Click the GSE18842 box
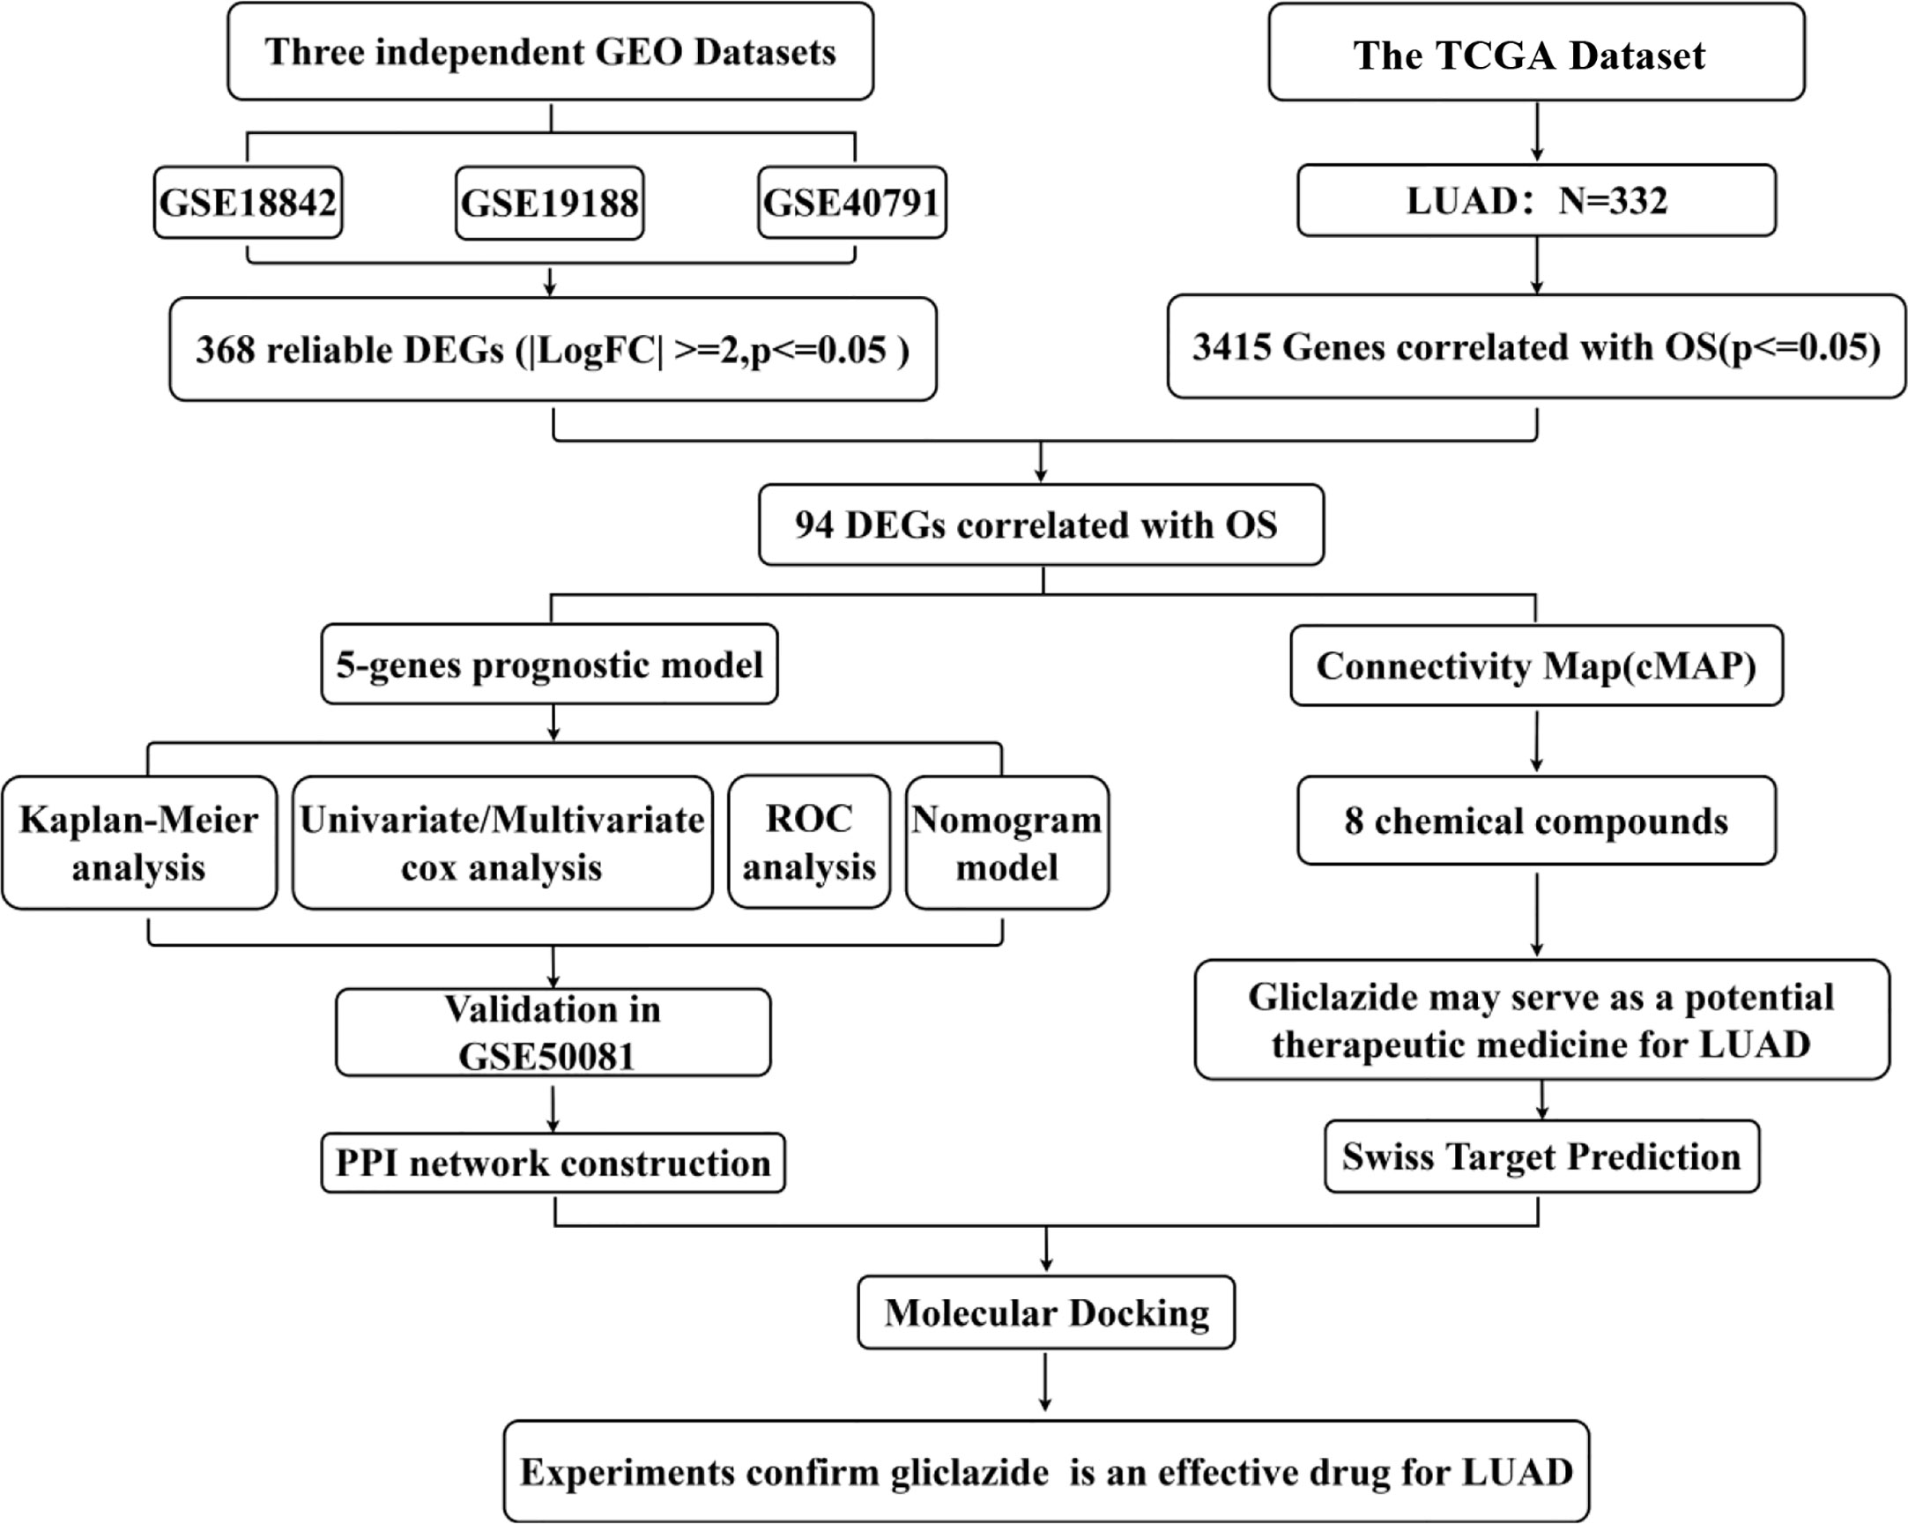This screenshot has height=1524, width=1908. (x=248, y=203)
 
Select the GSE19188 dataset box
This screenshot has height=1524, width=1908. (x=550, y=203)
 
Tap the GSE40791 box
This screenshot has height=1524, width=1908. (x=852, y=203)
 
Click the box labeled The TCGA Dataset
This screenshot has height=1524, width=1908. (x=1536, y=52)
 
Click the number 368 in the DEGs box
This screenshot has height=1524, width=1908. (x=225, y=350)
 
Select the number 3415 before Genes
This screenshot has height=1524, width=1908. (x=1231, y=347)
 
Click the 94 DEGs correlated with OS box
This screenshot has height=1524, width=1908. (x=1042, y=524)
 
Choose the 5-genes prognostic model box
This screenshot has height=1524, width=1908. (x=550, y=665)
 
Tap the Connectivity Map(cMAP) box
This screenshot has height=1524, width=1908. (x=1536, y=665)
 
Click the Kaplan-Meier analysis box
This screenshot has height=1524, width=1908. (x=139, y=843)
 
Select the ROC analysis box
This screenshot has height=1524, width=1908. (x=809, y=843)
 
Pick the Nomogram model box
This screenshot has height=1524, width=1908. (x=1007, y=843)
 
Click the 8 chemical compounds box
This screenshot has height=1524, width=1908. (x=1536, y=821)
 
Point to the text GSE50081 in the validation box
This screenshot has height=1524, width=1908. (x=547, y=1056)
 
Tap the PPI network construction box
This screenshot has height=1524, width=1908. (x=553, y=1163)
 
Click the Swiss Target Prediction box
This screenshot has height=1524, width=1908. (x=1541, y=1156)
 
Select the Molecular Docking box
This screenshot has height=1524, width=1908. (x=1046, y=1312)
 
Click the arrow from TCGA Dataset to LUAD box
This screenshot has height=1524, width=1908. (x=1537, y=132)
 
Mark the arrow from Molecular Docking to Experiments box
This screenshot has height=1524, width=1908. (x=1045, y=1382)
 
